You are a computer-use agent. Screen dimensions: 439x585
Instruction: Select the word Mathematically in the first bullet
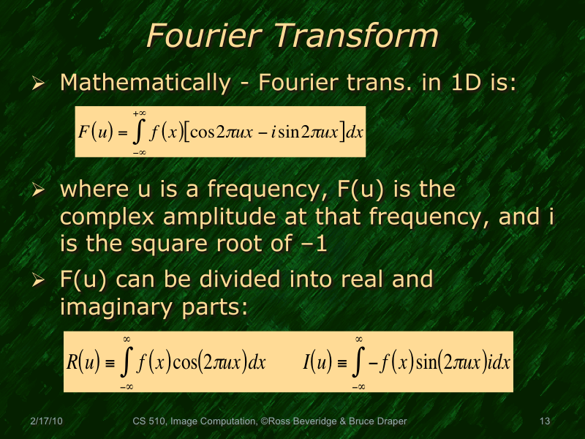[144, 82]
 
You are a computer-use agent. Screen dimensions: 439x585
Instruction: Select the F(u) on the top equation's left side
[95, 133]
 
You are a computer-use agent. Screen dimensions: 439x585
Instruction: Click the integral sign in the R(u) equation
[126, 361]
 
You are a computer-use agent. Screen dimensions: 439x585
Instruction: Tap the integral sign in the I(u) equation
[359, 361]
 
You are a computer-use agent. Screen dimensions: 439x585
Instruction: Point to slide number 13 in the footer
[543, 421]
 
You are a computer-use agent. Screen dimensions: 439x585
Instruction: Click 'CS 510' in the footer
[148, 421]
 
